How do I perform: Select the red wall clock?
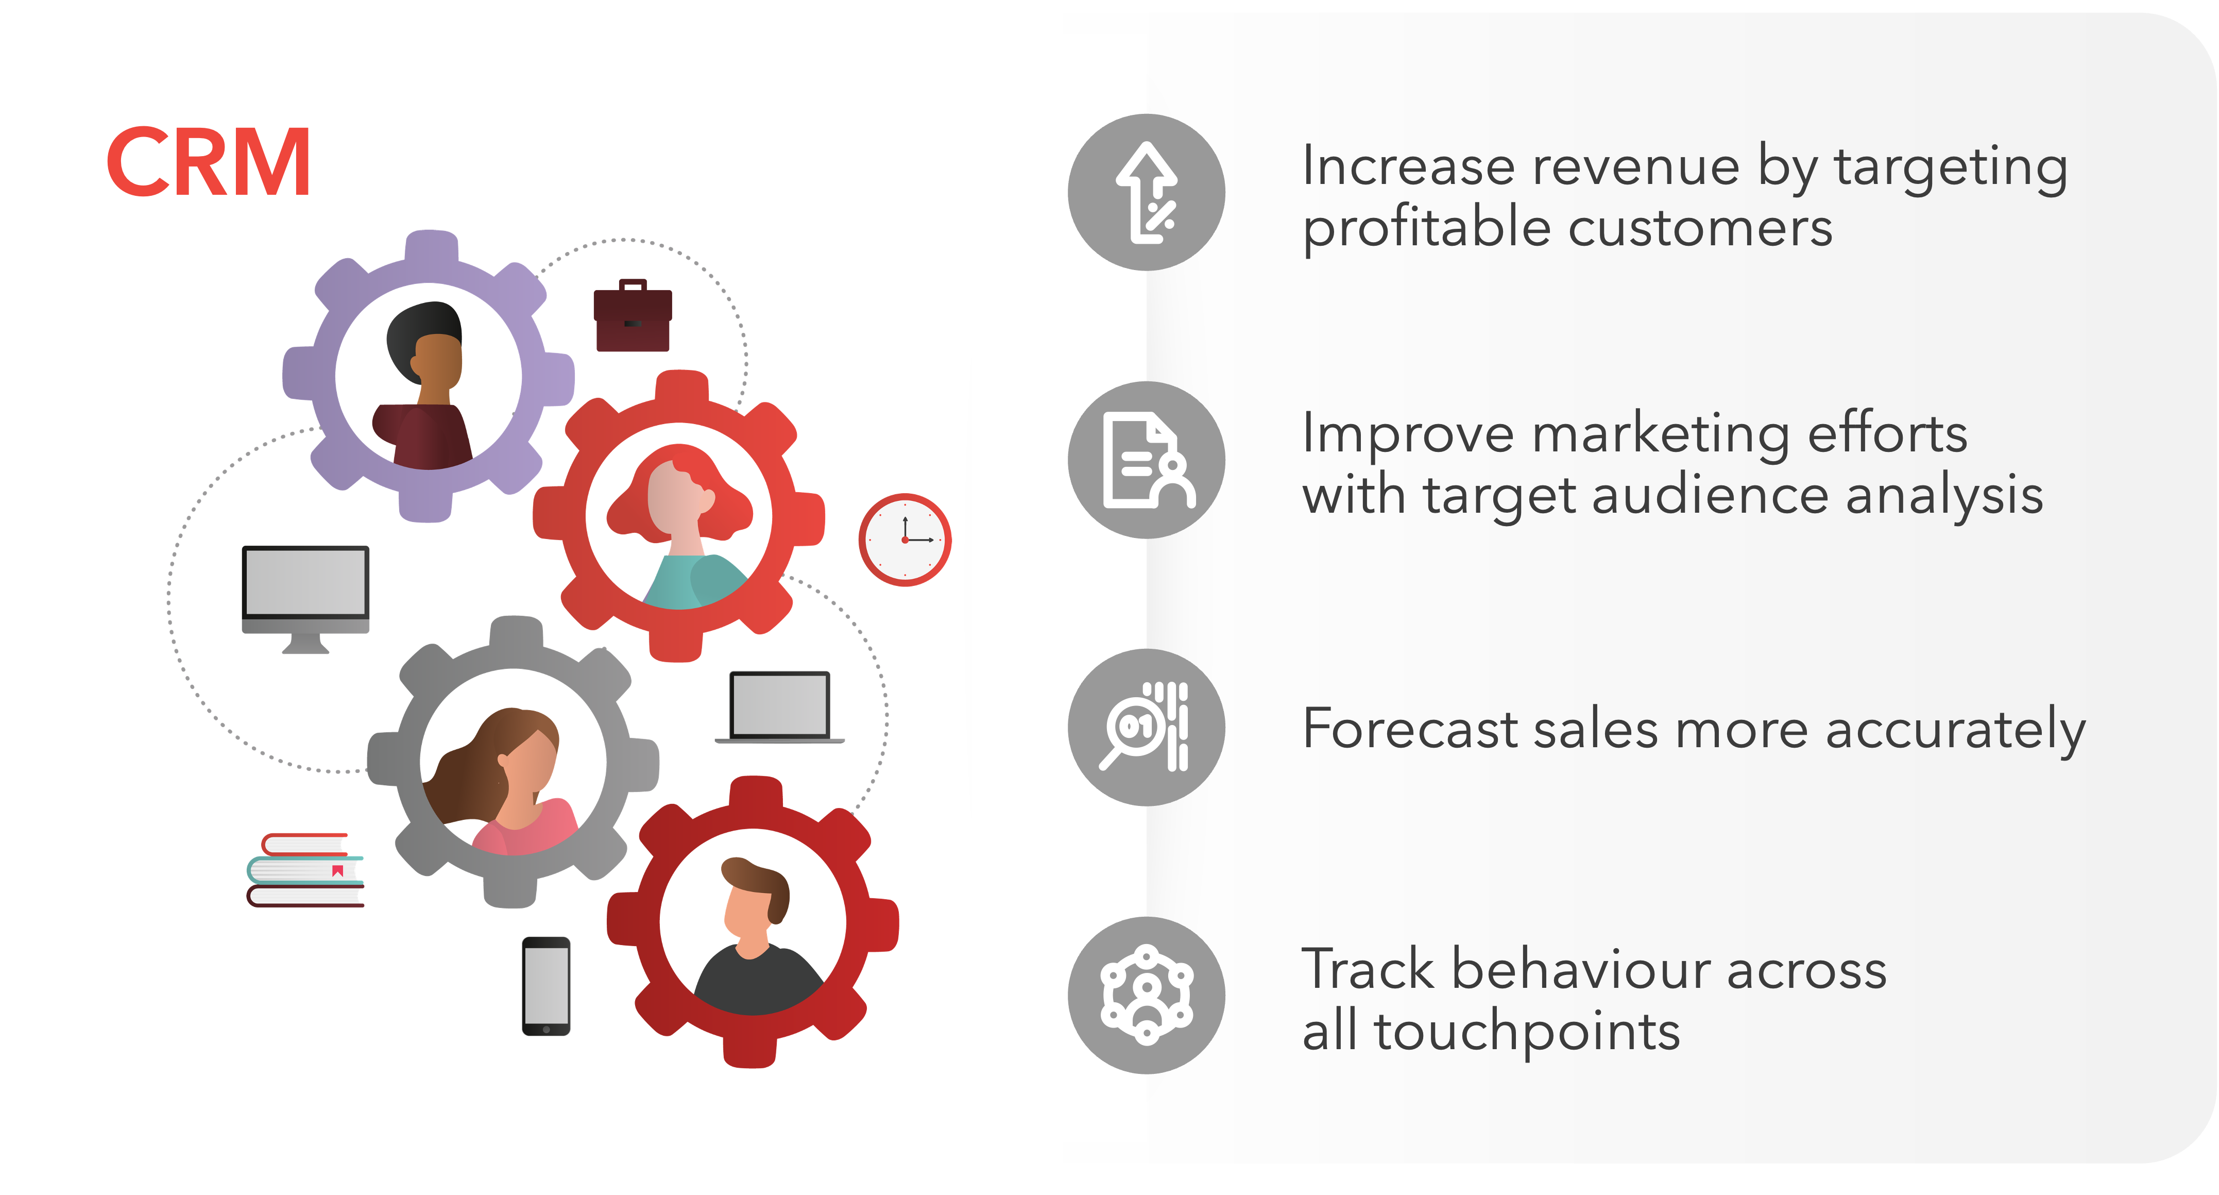(904, 540)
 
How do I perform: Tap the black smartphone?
(546, 986)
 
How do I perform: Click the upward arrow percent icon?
(1147, 192)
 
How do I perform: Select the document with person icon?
(1147, 460)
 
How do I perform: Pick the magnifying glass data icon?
(1147, 727)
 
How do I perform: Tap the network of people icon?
(1147, 995)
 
